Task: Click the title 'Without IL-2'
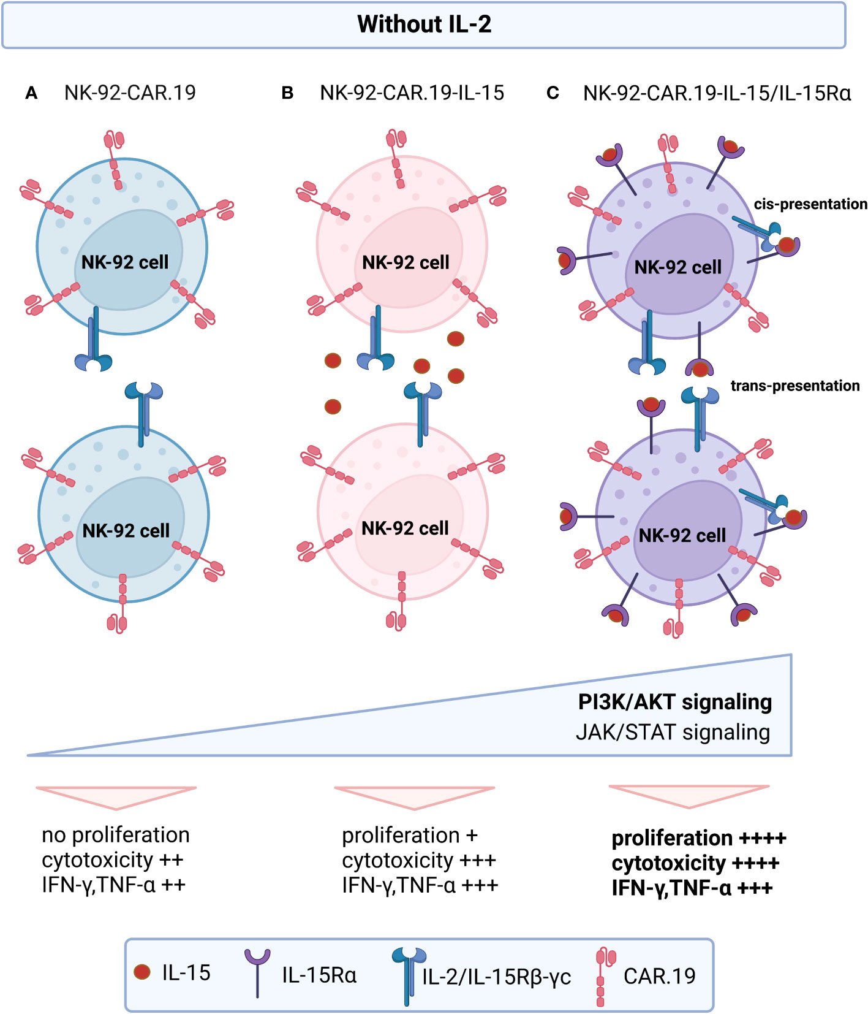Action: (x=424, y=25)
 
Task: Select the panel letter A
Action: (x=31, y=93)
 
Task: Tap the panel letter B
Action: (x=287, y=93)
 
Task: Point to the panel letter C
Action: (x=553, y=93)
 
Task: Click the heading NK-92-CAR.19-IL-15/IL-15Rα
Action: (x=717, y=93)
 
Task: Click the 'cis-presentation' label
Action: (x=810, y=204)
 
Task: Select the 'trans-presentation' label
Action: (x=794, y=386)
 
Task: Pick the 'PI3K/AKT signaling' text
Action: (x=674, y=702)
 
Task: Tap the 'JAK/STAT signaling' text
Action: (x=673, y=732)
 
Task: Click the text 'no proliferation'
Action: (x=116, y=835)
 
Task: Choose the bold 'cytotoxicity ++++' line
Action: (x=695, y=863)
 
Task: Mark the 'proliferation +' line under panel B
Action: (x=409, y=835)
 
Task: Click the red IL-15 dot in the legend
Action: (x=142, y=972)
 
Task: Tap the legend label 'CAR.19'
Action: (x=659, y=975)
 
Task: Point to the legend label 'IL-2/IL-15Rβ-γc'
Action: (x=496, y=977)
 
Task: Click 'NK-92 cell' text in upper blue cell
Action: (x=125, y=262)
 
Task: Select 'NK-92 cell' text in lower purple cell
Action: (x=682, y=536)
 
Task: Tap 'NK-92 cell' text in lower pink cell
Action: (x=405, y=528)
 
